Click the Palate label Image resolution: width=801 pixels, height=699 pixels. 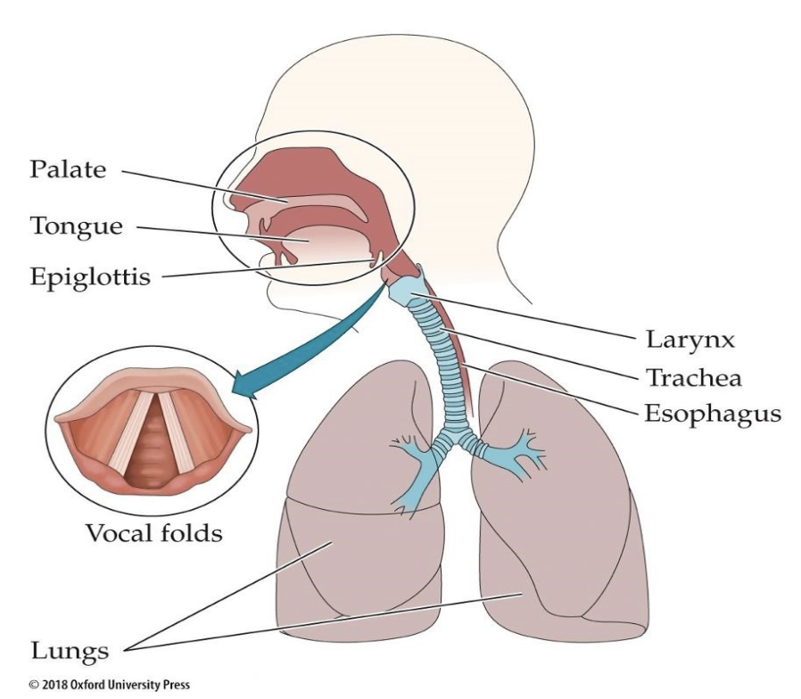[x=68, y=169]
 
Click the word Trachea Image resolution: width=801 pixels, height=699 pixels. [x=693, y=377]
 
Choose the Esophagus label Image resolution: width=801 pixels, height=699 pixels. [x=712, y=414]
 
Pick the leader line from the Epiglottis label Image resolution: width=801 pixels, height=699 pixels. [x=268, y=268]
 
